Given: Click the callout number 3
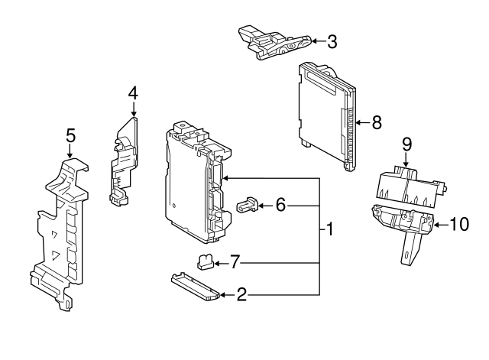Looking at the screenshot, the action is (x=332, y=42).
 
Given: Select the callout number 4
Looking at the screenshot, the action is (x=133, y=93).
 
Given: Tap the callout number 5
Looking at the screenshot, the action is (x=70, y=136).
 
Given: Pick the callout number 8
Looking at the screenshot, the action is (x=377, y=122).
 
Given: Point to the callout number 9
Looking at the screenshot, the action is (x=406, y=144).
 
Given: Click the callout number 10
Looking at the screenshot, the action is (x=459, y=224).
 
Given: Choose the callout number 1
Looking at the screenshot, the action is (x=329, y=229).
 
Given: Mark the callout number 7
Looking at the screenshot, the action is (x=235, y=261).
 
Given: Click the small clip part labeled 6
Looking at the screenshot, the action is (x=248, y=205).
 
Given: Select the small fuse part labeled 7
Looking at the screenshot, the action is (x=204, y=261).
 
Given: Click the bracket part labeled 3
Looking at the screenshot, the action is (x=274, y=43).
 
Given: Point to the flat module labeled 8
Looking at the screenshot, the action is (x=326, y=116).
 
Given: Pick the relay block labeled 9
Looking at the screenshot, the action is (x=410, y=186).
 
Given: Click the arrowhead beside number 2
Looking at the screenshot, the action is (x=223, y=295).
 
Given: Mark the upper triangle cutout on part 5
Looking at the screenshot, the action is (x=55, y=235).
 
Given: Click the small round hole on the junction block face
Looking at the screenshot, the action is (x=174, y=206).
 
